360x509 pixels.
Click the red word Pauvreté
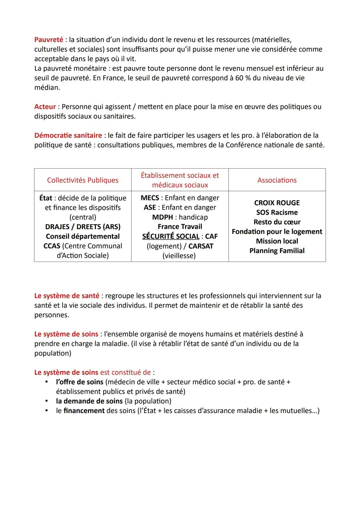[x=49, y=40]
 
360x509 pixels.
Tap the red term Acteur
[x=45, y=107]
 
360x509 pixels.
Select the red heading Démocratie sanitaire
[x=68, y=135]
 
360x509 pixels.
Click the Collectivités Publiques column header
[x=83, y=180]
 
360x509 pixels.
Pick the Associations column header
[x=277, y=180]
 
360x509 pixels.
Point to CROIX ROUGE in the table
[x=277, y=203]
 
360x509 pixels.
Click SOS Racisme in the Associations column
[x=277, y=212]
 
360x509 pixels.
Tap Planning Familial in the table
[x=277, y=251]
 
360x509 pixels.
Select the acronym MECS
[x=150, y=198]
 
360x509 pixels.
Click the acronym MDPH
[x=162, y=217]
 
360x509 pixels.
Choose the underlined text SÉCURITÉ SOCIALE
[x=171, y=236]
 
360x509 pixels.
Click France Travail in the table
[x=180, y=227]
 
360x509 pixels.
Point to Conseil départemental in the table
[x=83, y=236]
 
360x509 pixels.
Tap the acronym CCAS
[x=52, y=246]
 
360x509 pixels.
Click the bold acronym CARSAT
[x=201, y=246]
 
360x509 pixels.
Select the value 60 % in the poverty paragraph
[x=243, y=78]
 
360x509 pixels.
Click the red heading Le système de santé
[x=67, y=296]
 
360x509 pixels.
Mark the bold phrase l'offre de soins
[x=80, y=382]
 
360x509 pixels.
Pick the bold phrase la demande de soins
[x=89, y=401]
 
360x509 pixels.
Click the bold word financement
[x=84, y=411]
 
